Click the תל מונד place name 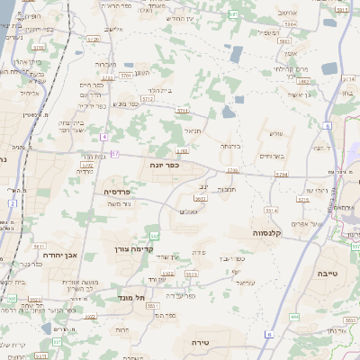click(131, 296)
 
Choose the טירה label click(201, 342)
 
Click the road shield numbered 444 click(294, 317)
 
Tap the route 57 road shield click(114, 154)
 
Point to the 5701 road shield click(125, 76)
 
